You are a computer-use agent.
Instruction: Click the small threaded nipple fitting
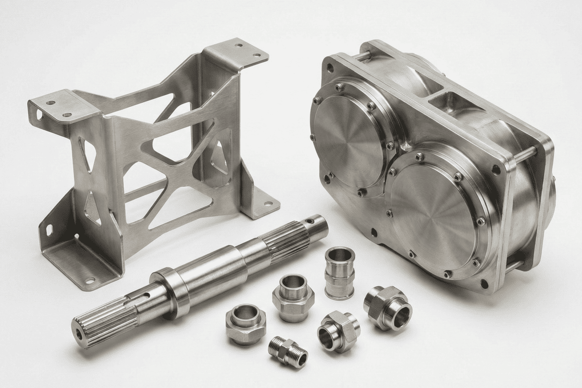(x=288, y=350)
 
